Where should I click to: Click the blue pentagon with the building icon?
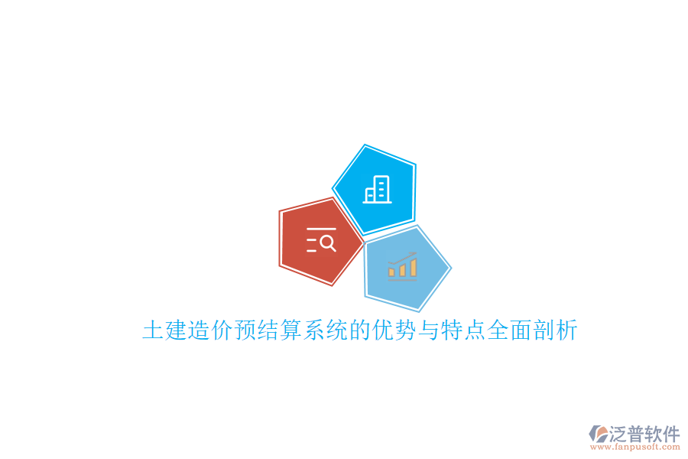tap(375, 190)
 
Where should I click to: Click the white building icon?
tap(378, 190)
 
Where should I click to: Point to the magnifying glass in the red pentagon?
tap(327, 243)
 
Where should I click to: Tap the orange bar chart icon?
tap(402, 265)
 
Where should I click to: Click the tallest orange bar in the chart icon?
tap(414, 266)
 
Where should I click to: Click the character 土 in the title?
tap(153, 331)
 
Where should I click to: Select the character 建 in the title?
tap(176, 331)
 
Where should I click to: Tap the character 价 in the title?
tap(222, 331)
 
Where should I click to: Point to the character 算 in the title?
tap(290, 331)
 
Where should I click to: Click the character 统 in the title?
tap(336, 331)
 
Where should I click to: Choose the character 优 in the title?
tap(382, 331)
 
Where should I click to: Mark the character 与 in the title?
tap(428, 331)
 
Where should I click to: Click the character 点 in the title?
tap(474, 331)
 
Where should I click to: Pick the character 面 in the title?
tap(520, 331)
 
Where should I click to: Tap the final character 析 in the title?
tap(566, 331)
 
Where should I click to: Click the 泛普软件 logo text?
tap(644, 434)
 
